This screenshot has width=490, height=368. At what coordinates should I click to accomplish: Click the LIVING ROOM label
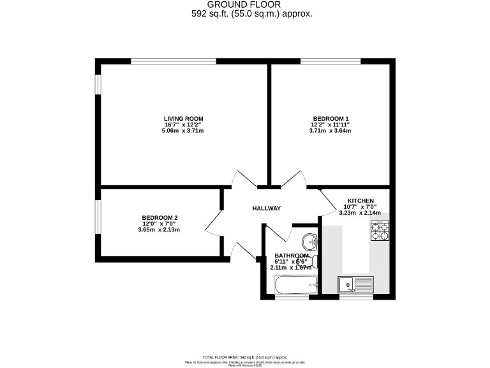pyautogui.click(x=183, y=118)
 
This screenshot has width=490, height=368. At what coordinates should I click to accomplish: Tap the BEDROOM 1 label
pyautogui.click(x=329, y=118)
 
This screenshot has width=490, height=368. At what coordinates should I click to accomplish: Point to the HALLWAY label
pyautogui.click(x=266, y=208)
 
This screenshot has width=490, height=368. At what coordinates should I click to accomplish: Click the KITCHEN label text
pyautogui.click(x=360, y=201)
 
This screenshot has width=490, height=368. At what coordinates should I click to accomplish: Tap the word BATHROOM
pyautogui.click(x=292, y=256)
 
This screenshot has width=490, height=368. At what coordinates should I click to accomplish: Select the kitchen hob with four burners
pyautogui.click(x=380, y=231)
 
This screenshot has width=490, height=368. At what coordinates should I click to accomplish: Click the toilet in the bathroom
pyautogui.click(x=313, y=261)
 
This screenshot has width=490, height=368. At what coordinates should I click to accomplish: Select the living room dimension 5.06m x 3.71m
pyautogui.click(x=183, y=131)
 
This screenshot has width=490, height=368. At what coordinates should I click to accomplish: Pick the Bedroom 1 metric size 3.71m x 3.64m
pyautogui.click(x=329, y=131)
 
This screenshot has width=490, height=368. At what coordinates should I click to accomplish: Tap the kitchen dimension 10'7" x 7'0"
pyautogui.click(x=360, y=206)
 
